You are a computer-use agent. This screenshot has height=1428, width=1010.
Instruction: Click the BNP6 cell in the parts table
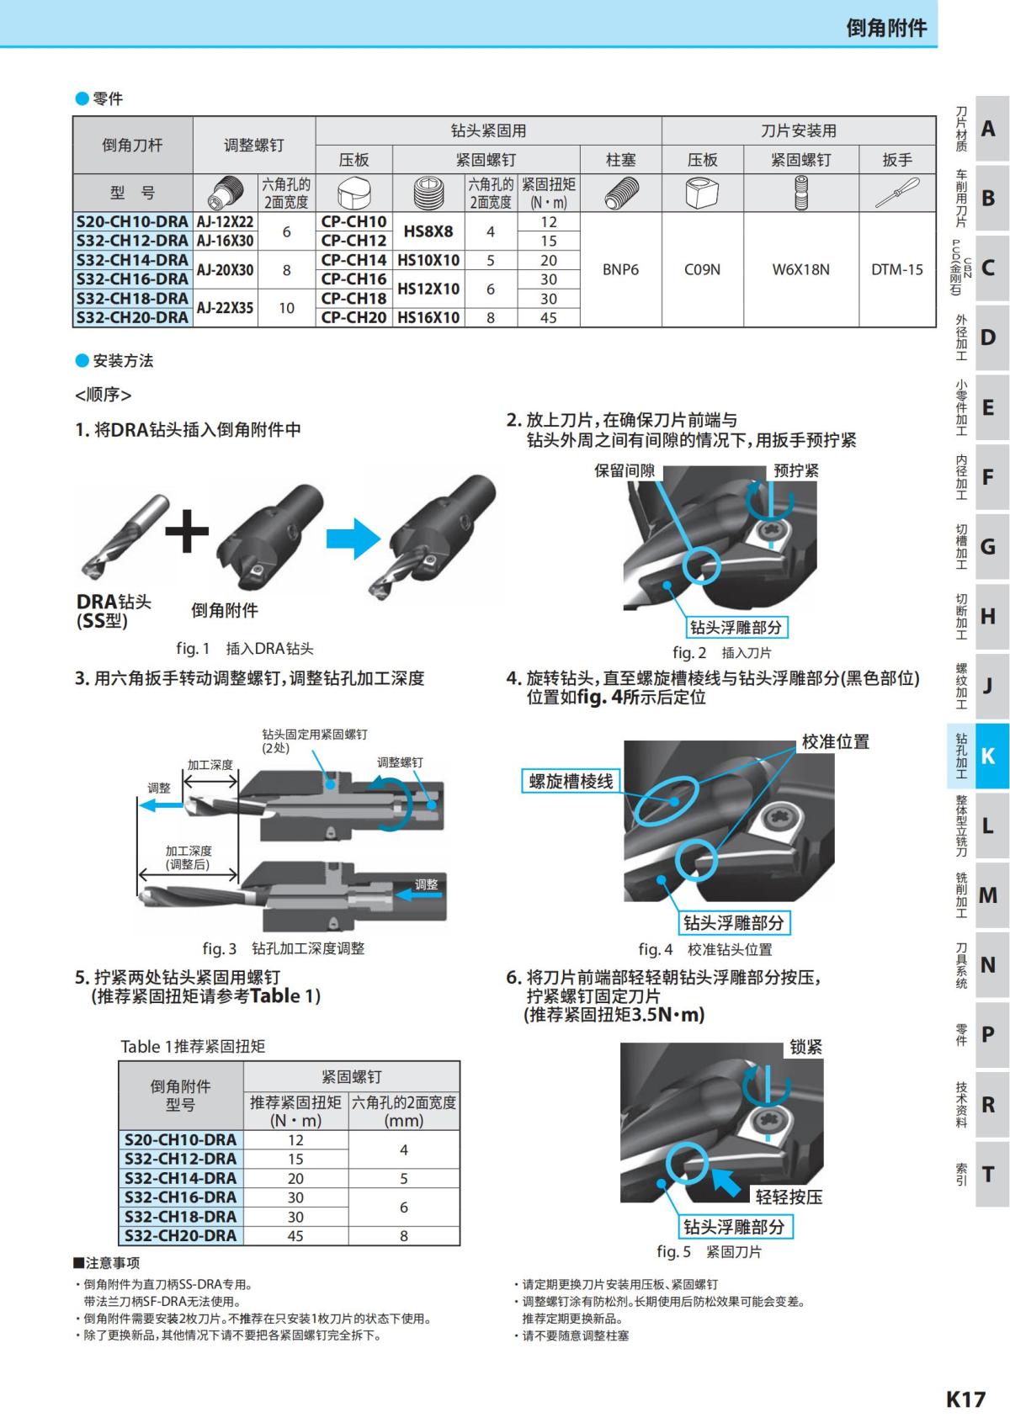click(620, 269)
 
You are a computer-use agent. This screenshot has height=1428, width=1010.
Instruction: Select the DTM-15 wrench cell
click(896, 269)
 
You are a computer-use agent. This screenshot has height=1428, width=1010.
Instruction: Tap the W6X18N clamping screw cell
click(800, 269)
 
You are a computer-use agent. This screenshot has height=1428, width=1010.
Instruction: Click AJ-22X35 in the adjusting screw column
click(225, 308)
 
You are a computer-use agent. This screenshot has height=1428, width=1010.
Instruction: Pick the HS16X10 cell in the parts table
click(428, 317)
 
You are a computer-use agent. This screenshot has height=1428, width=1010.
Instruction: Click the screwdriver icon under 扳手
click(896, 194)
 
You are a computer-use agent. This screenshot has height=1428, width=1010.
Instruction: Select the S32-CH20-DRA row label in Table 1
click(180, 1235)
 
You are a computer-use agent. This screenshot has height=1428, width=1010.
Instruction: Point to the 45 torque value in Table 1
click(295, 1235)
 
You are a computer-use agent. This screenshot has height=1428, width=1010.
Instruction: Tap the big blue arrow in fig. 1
click(353, 539)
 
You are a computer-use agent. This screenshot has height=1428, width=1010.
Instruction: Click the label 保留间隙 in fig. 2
click(625, 470)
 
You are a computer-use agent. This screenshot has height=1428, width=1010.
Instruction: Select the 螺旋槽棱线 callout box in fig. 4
click(571, 781)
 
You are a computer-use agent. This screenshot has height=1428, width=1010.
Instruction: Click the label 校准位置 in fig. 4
click(835, 742)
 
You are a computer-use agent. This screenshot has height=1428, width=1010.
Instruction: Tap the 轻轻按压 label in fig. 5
click(789, 1197)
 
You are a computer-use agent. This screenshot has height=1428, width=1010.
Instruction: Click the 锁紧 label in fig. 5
click(805, 1047)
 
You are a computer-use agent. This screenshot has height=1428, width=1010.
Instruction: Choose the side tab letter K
click(988, 756)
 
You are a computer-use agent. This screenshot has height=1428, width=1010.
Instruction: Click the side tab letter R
click(988, 1104)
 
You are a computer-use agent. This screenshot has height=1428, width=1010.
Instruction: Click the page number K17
click(965, 1399)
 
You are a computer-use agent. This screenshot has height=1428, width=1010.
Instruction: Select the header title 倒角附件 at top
click(885, 28)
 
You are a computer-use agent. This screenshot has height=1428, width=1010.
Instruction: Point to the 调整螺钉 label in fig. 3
click(400, 762)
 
